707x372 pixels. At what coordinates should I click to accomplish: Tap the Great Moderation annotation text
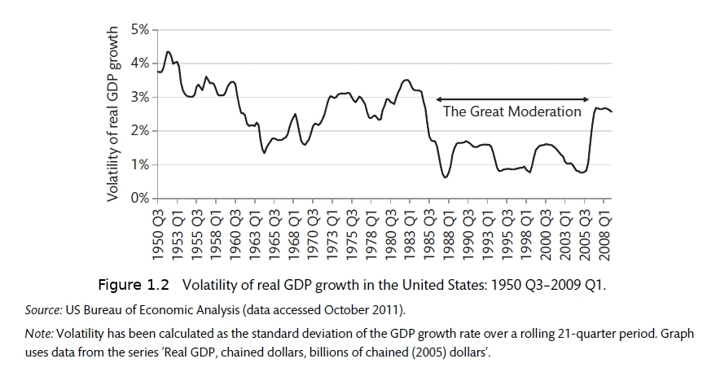coord(512,112)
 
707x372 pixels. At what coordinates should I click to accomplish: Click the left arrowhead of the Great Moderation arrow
coord(439,98)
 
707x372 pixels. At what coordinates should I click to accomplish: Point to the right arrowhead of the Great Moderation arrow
coord(588,98)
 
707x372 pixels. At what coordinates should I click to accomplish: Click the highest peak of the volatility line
coord(168,52)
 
